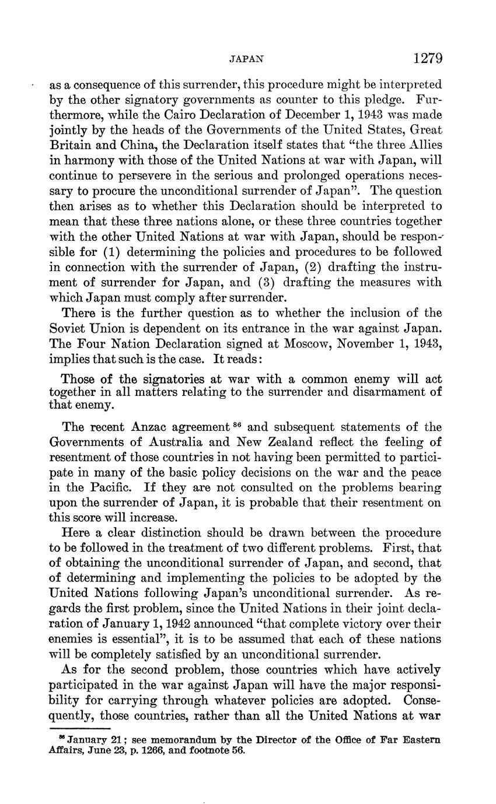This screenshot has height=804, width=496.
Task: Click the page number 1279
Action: pos(428,58)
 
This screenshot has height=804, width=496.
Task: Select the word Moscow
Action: pos(308,342)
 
